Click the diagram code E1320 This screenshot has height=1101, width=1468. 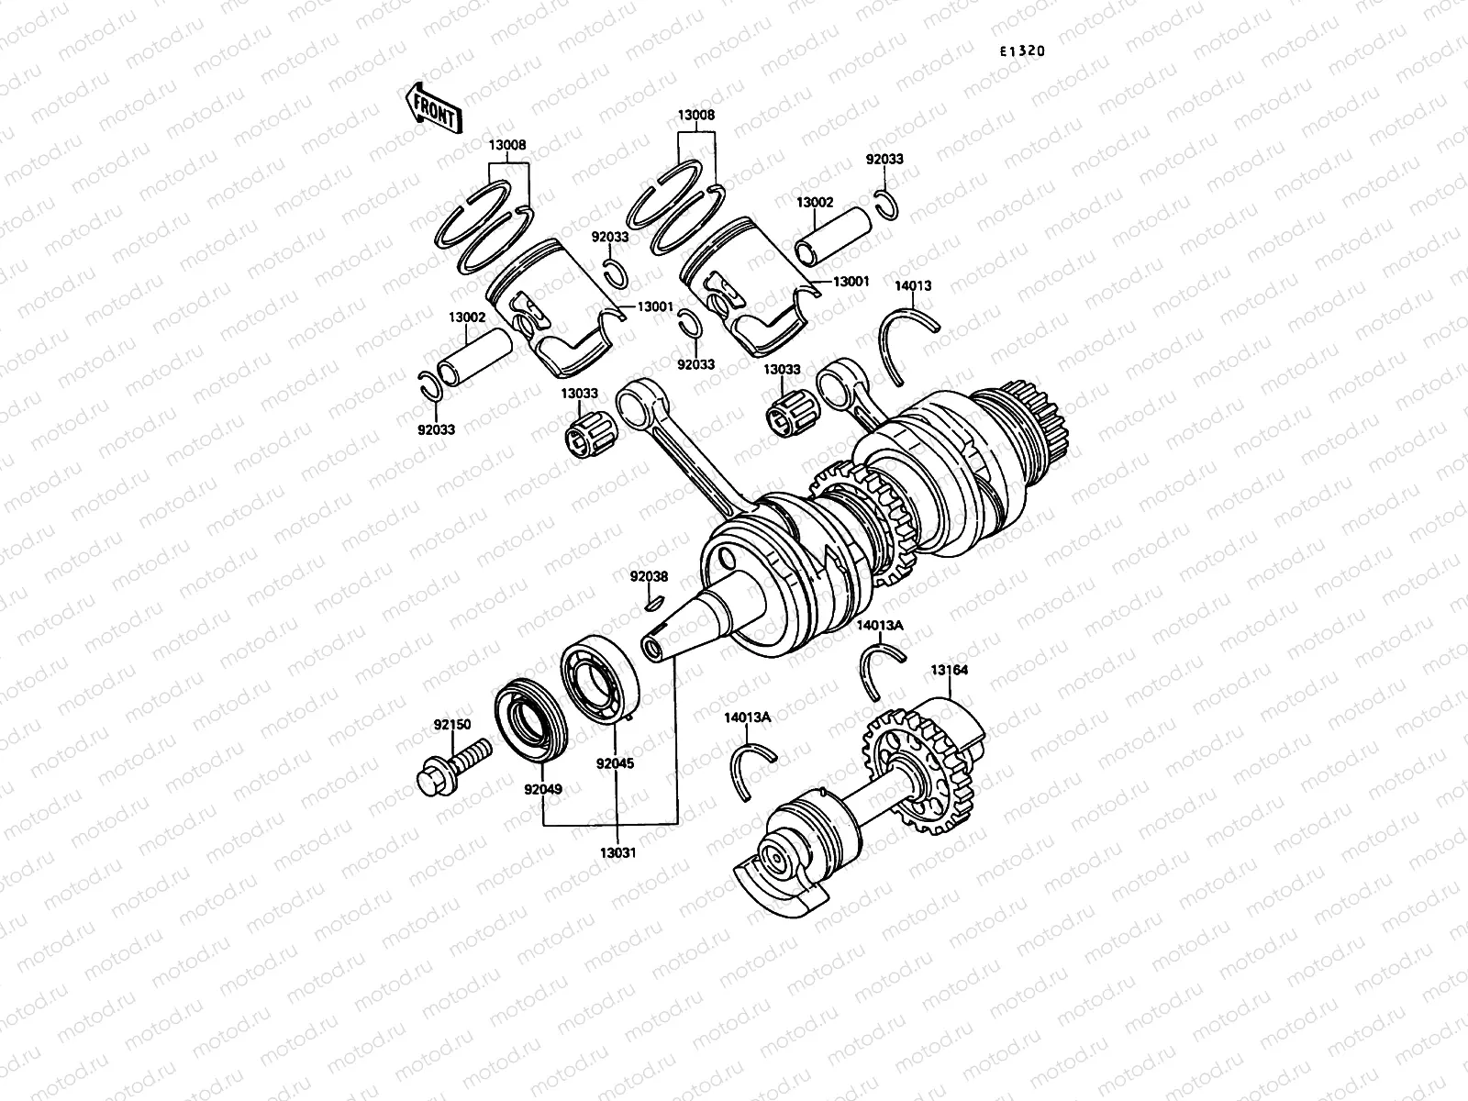click(1022, 51)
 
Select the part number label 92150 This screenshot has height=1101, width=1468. click(452, 725)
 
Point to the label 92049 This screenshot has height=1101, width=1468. click(543, 788)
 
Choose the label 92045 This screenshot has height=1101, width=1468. click(614, 762)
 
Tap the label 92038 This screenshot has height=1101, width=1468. click(649, 577)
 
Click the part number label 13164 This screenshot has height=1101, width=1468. click(949, 670)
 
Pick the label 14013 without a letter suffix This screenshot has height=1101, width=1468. click(913, 285)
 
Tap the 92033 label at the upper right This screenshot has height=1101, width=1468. click(884, 159)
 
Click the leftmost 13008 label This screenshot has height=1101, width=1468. click(507, 145)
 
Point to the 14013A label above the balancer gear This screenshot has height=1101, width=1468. click(879, 625)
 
